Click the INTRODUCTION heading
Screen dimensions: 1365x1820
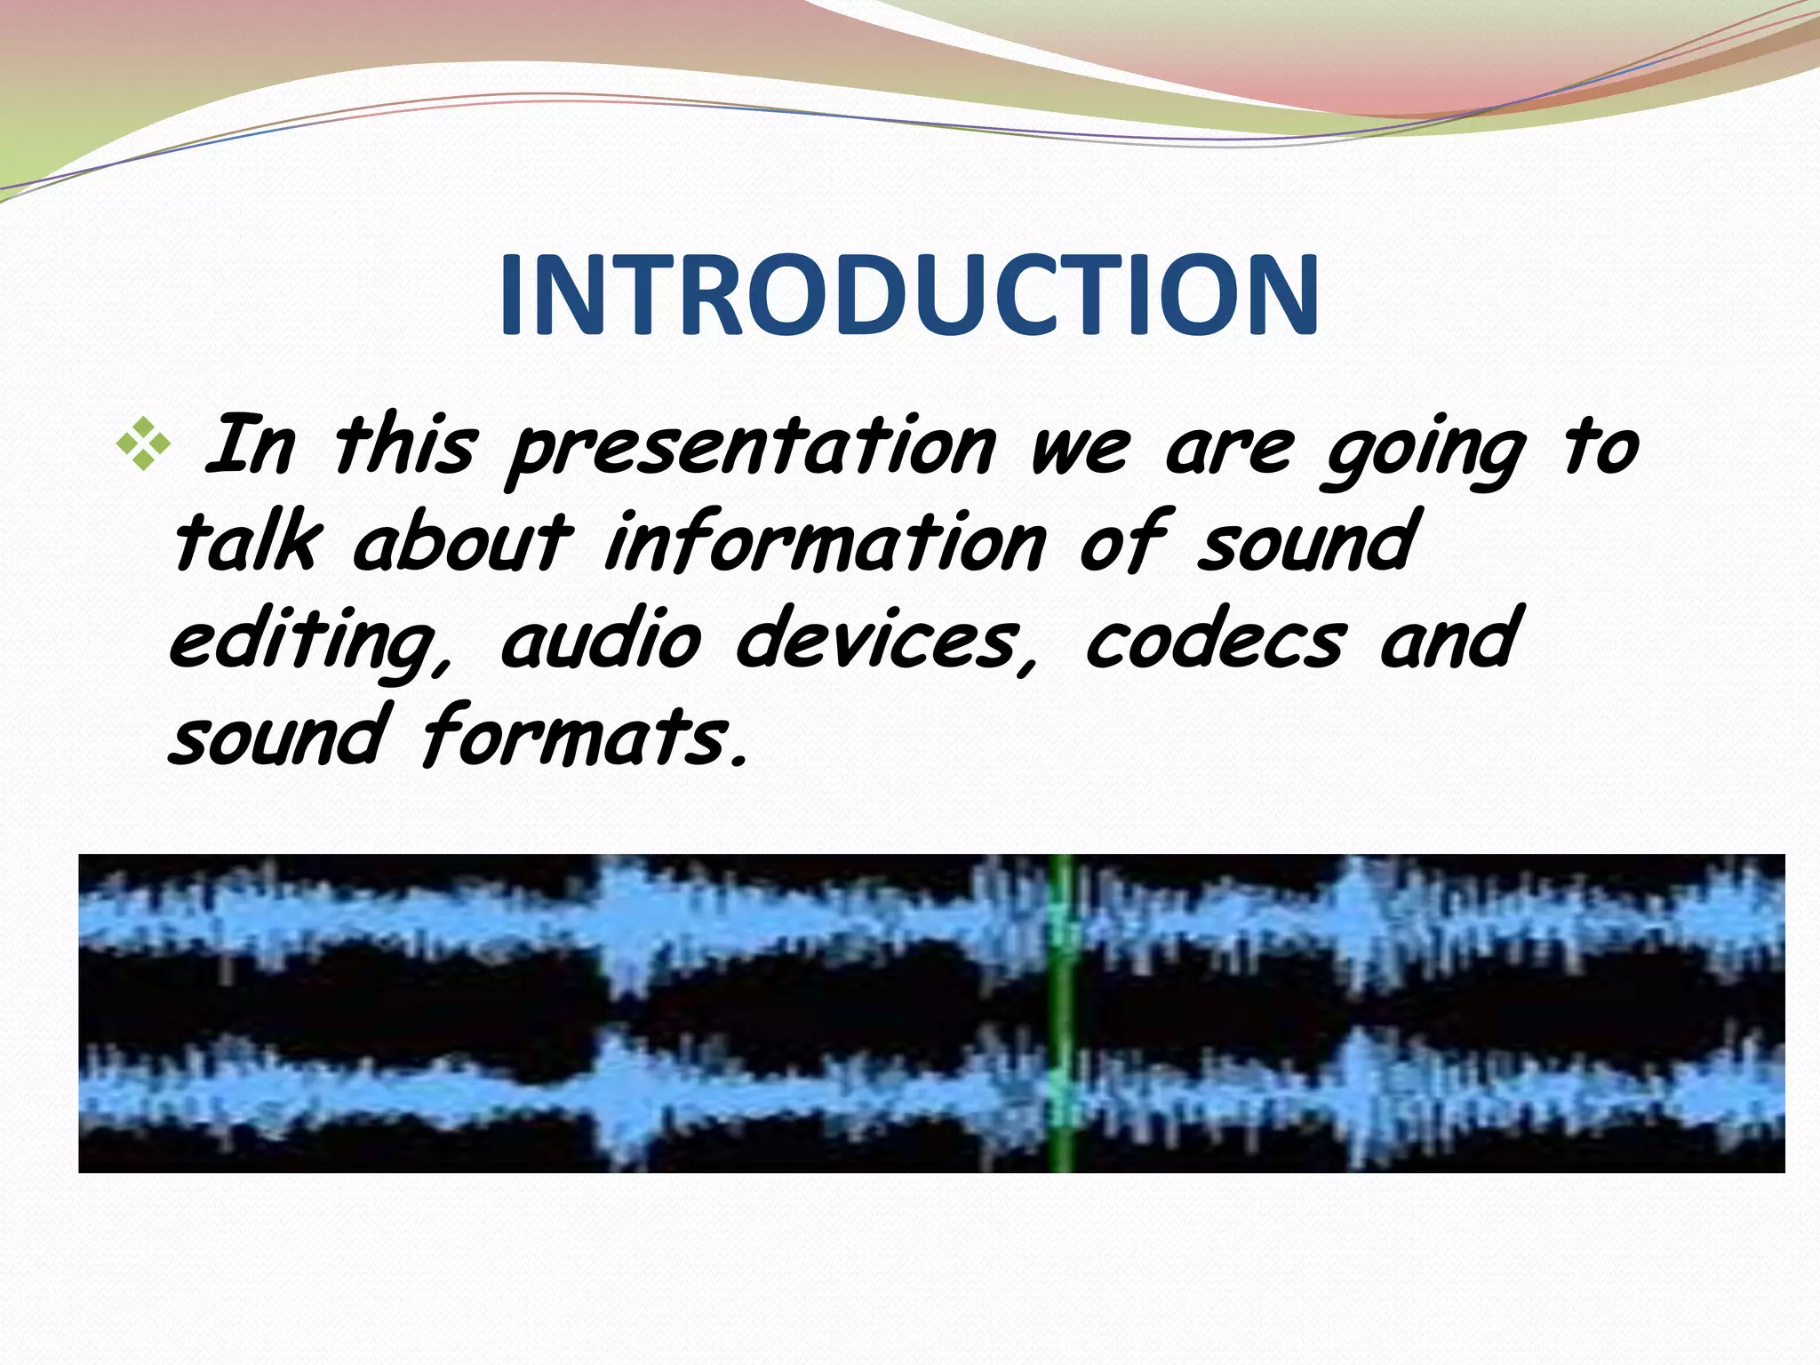(x=908, y=296)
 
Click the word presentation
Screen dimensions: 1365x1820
(x=752, y=448)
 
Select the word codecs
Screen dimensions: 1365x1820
(x=1214, y=640)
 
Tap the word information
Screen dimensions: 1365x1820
(x=825, y=542)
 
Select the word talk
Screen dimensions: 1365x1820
(x=245, y=542)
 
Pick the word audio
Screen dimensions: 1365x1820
(x=601, y=640)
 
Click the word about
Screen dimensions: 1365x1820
(x=462, y=542)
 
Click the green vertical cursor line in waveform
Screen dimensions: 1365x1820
(x=1062, y=1013)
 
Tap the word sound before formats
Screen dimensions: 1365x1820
(x=277, y=737)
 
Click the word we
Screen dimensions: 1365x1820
(x=1079, y=450)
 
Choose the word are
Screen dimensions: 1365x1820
(x=1228, y=450)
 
